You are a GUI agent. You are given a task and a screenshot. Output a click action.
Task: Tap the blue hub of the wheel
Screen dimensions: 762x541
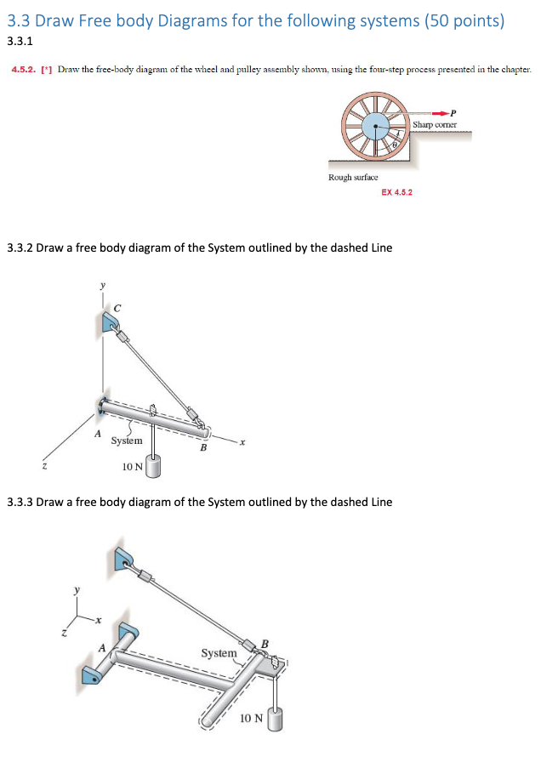(x=373, y=127)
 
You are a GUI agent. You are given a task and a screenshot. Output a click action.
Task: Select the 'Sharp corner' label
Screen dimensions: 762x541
(x=435, y=124)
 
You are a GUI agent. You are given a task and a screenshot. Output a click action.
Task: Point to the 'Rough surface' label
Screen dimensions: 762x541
(x=353, y=177)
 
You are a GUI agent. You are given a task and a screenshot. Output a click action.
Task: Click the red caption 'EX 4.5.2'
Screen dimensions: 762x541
(x=396, y=193)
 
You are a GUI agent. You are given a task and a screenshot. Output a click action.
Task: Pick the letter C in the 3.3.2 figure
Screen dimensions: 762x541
(x=117, y=306)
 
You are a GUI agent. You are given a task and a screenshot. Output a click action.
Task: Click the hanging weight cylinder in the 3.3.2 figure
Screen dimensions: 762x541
(x=153, y=466)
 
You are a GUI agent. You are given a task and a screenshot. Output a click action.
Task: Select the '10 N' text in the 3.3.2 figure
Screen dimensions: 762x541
(x=132, y=466)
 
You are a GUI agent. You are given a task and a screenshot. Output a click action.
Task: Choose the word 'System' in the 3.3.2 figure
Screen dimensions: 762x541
(x=126, y=441)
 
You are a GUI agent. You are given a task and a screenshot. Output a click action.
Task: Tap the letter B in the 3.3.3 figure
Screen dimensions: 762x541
(x=265, y=644)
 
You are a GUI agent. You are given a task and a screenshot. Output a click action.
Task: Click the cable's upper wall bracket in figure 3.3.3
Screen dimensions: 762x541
(x=124, y=558)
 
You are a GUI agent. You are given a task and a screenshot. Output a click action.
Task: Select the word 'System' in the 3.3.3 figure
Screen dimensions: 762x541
(x=219, y=652)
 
